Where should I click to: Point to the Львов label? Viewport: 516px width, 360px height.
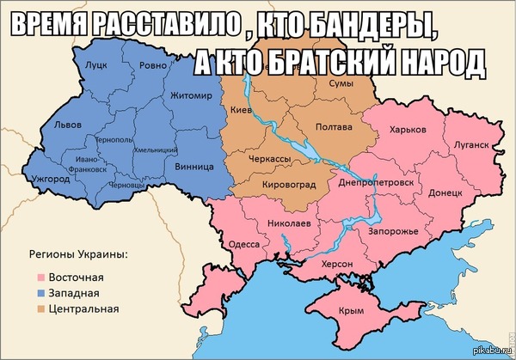pyautogui.click(x=67, y=125)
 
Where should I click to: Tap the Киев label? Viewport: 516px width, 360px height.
pyautogui.click(x=241, y=111)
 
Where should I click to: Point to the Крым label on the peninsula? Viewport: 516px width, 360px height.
pyautogui.click(x=352, y=311)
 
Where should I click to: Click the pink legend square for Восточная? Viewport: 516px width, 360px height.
pyautogui.click(x=40, y=278)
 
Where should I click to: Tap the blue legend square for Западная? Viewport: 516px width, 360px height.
pyautogui.click(x=40, y=293)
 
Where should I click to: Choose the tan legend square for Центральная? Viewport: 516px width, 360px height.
pyautogui.click(x=40, y=308)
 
